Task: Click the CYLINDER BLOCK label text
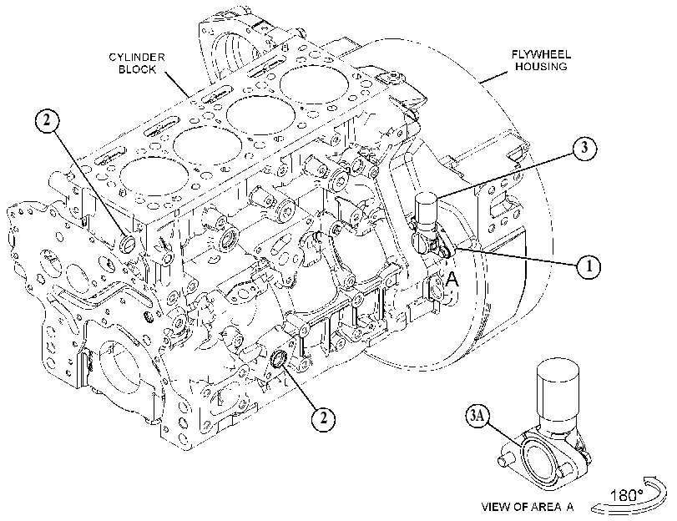[136, 63]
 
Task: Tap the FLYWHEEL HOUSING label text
[541, 60]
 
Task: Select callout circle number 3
[584, 148]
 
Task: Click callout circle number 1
[589, 266]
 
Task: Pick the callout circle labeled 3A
[477, 416]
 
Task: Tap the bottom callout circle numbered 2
[324, 418]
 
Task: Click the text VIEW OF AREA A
[528, 507]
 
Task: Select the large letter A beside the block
[452, 280]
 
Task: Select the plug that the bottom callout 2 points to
[279, 359]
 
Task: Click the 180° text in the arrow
[627, 495]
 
